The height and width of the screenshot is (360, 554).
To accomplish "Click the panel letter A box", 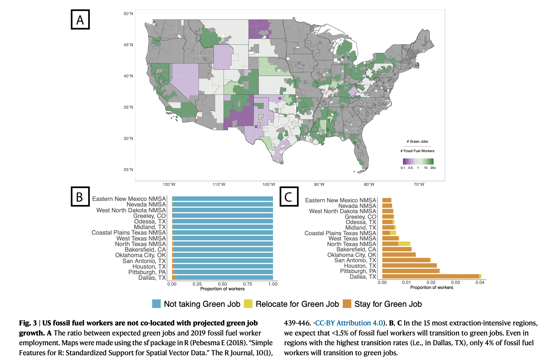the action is pos(80,20).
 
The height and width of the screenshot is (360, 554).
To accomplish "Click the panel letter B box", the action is pos(80,196).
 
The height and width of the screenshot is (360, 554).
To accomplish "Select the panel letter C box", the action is pos(289,196).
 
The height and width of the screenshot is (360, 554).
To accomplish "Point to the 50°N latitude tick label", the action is pos(128,14).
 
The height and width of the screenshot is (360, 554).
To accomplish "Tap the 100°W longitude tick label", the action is pos(269,184).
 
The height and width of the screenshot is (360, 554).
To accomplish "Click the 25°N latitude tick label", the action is pos(128,170).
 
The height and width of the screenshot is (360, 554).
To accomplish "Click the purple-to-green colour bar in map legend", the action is pos(418,161).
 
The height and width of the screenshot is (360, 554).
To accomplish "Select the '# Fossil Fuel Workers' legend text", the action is pos(417,151).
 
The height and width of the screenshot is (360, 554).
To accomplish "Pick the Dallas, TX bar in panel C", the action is pos(432,276).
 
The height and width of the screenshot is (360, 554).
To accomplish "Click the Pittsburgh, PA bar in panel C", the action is pos(411,271).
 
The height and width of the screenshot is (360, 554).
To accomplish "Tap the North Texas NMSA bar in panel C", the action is pos(396,244).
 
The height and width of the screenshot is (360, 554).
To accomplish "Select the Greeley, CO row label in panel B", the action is pos(149,216).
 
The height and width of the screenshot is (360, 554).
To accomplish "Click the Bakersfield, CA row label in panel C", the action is pos(356,249).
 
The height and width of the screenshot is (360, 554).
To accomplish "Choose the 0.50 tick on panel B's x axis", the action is pos(222,284).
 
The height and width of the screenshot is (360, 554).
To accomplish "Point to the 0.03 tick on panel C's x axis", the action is pos(455,283).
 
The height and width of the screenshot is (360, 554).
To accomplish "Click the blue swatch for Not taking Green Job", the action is pos(156,304).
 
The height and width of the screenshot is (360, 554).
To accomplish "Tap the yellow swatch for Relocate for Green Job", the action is pos(248,304).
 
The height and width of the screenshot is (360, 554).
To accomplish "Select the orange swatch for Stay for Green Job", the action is pos(347,304).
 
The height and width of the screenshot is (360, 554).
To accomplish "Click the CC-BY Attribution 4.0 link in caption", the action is pos(349,323).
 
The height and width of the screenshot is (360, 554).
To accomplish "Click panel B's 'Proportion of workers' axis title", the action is pos(222,289).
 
